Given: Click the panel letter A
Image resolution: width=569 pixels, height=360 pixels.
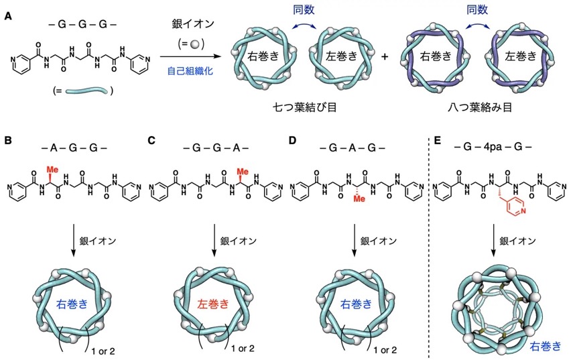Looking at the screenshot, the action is pyautogui.click(x=7, y=16).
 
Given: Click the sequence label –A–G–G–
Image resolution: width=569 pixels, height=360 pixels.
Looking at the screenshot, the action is pyautogui.click(x=74, y=147).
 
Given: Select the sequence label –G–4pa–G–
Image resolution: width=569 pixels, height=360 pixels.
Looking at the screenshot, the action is pyautogui.click(x=493, y=147).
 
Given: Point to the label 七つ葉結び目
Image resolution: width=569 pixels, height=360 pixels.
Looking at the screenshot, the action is pyautogui.click(x=305, y=107).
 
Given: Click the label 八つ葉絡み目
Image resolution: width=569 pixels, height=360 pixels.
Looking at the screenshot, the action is pyautogui.click(x=480, y=107).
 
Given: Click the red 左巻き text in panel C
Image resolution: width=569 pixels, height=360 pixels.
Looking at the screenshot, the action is pyautogui.click(x=213, y=304).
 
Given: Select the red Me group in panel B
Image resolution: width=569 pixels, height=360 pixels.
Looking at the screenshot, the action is pyautogui.click(x=53, y=169).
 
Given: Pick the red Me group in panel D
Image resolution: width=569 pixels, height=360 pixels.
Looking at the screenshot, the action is pyautogui.click(x=359, y=198).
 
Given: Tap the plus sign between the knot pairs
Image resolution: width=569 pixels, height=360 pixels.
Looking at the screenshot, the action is pyautogui.click(x=384, y=56).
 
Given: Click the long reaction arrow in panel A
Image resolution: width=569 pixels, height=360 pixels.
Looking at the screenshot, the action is pyautogui.click(x=190, y=56).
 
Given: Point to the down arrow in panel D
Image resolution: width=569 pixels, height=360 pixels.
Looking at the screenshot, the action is pyautogui.click(x=355, y=241).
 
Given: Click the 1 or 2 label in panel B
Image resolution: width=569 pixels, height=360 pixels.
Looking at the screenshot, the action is pyautogui.click(x=103, y=351).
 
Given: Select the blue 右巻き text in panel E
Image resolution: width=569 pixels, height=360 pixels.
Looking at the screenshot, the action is pyautogui.click(x=546, y=346).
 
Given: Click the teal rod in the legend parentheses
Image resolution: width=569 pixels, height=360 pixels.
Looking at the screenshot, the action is pyautogui.click(x=86, y=91).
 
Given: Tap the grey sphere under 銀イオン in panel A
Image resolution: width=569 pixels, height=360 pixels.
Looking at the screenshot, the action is pyautogui.click(x=195, y=44).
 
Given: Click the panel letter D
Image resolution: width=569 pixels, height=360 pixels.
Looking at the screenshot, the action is pyautogui.click(x=292, y=140).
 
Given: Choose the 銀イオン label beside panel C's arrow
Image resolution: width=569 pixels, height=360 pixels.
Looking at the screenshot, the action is pyautogui.click(x=238, y=241).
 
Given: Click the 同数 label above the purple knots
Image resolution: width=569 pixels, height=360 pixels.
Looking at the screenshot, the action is pyautogui.click(x=477, y=10).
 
